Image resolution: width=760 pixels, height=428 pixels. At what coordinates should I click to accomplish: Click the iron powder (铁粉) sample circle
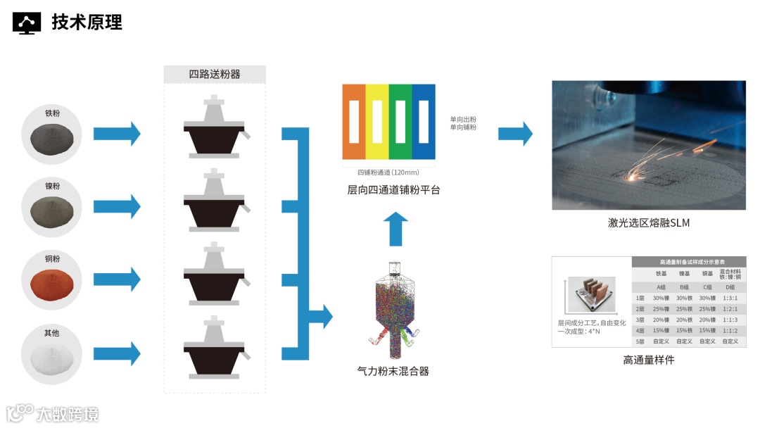tap(52, 132)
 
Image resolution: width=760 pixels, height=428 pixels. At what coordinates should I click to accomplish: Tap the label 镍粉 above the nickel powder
tap(52, 186)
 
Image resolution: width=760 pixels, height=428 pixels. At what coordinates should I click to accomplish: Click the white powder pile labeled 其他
tap(52, 352)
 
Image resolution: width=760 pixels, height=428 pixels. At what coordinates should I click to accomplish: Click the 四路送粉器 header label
tap(215, 74)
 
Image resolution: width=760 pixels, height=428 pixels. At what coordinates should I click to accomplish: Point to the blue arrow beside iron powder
tap(117, 132)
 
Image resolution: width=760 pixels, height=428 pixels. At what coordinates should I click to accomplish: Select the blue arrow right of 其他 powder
tap(117, 350)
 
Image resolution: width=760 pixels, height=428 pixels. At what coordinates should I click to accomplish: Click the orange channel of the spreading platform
tap(354, 122)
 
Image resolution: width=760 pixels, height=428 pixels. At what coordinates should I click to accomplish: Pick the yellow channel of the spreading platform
tap(377, 122)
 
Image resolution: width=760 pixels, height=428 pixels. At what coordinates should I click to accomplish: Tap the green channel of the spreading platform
tap(400, 122)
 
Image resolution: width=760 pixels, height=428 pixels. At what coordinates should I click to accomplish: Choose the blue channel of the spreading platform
tap(424, 122)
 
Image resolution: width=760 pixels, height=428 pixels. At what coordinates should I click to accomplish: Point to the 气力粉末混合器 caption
tap(393, 371)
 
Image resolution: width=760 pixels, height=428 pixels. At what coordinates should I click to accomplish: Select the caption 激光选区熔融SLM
tap(648, 223)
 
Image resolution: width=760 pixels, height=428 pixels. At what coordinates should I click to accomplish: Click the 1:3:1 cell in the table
tap(731, 298)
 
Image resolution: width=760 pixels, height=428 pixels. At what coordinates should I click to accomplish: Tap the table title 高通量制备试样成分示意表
tap(688, 261)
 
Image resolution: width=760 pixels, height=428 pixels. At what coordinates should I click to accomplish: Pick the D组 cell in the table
tap(730, 287)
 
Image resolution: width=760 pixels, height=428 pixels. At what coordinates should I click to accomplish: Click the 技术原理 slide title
tap(87, 22)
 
